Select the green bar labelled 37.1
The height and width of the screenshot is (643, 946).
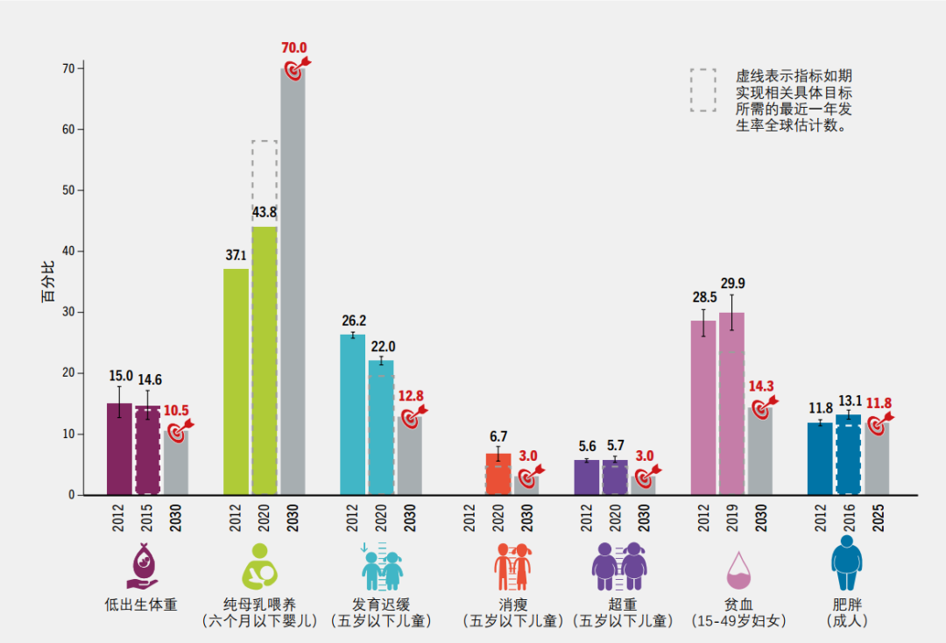coord(236,381)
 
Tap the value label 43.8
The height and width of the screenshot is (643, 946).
coord(265,213)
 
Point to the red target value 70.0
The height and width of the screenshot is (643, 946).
coord(294,48)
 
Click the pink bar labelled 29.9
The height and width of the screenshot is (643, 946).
coord(731,403)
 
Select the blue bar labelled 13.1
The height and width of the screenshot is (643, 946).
coord(848,455)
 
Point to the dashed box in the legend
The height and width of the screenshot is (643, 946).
coord(702,90)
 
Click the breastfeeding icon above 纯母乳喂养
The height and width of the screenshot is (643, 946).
coord(259,565)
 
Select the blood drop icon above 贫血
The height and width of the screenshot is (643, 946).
coord(738,570)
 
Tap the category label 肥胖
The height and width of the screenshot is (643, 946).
coord(846,604)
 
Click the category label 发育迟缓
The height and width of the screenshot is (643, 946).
coord(381,604)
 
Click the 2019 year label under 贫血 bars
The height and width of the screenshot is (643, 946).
coord(732,518)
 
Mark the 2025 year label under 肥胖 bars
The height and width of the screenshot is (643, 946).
coord(877,518)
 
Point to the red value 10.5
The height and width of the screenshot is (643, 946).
coord(176,410)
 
